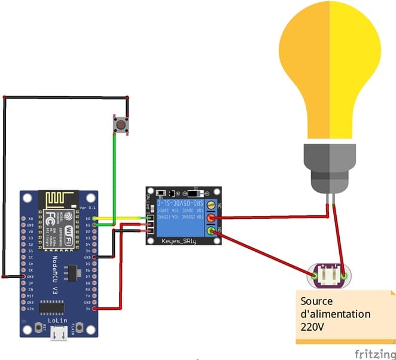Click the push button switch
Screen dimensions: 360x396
tap(122, 125)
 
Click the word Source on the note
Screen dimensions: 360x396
tap(316, 301)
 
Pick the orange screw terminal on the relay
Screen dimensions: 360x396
tap(211, 218)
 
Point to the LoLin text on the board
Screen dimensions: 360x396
tap(59, 321)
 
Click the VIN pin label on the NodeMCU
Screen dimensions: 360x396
tap(31, 309)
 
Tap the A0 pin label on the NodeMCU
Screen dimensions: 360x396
tap(31, 219)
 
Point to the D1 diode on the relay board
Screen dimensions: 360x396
tap(193, 193)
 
